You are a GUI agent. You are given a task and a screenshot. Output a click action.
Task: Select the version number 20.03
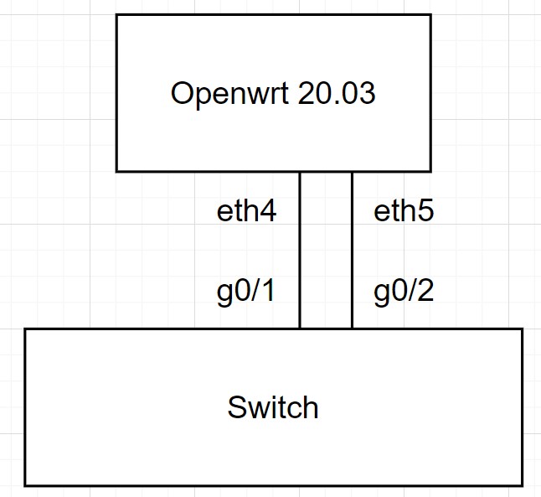[337, 94]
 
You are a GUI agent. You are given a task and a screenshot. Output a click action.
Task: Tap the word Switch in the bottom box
[273, 408]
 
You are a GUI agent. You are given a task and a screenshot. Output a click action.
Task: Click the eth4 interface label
[246, 211]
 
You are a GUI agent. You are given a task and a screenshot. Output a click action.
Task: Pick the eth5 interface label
[404, 211]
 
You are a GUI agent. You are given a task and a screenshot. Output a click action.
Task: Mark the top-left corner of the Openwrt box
[116, 15]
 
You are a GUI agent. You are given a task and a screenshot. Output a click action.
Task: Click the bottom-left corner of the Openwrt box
[116, 171]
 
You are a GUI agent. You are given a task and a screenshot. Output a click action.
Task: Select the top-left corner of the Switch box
[25, 329]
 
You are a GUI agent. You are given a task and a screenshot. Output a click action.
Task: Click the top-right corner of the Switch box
[522, 329]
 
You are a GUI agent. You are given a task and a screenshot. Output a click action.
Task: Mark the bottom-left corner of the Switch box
[25, 485]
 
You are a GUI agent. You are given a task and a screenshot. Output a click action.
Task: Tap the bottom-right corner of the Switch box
[522, 485]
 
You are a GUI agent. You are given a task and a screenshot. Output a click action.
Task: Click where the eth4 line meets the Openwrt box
[300, 172]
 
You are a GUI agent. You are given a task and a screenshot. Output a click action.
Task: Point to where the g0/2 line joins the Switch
[352, 329]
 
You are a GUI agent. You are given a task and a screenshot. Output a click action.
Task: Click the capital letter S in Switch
[236, 408]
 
